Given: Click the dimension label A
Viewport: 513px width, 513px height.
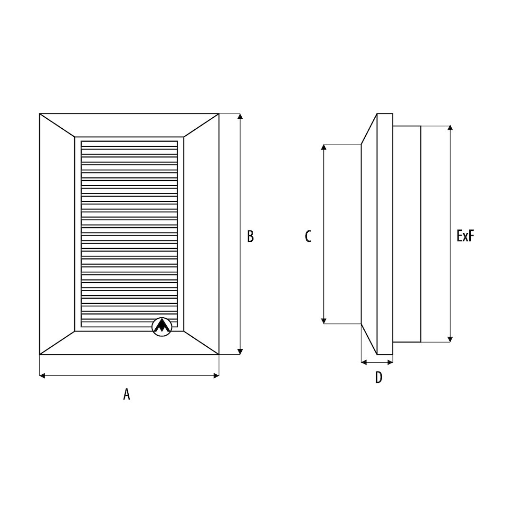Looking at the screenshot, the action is pos(127,394).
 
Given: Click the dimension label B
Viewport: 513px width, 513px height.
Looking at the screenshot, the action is pos(250,236).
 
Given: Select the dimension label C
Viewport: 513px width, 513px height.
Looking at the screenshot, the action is pos(308,236).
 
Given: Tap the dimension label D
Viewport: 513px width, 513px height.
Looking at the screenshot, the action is pos(378,378).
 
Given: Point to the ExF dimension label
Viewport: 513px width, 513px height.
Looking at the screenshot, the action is pos(465,236).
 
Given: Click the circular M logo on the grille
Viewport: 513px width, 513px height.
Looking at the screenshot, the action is pos(161,326).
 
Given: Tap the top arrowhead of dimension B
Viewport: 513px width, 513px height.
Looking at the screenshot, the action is pos(240,116).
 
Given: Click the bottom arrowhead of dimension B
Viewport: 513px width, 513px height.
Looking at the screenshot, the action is pos(240,351).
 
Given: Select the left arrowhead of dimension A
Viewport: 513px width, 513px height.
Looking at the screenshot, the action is pos(42,376).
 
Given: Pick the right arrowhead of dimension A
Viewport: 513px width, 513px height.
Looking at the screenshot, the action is pos(216,376).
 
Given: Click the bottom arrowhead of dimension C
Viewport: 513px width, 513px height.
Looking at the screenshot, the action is pos(323,321).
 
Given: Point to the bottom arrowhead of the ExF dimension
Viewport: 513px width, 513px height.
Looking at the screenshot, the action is pos(450,339).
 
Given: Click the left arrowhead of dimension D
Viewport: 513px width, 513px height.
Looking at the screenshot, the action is pos(364,362).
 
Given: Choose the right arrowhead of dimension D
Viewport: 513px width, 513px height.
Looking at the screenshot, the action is pos(390,362).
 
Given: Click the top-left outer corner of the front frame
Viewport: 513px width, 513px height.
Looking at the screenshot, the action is pos(39,114).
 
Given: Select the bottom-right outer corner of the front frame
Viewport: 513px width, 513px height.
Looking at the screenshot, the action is pos(219,355).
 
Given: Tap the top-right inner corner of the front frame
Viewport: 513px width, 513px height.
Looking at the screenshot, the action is pos(184,137).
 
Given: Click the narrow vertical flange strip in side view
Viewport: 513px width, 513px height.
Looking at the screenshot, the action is pos(385,234).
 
